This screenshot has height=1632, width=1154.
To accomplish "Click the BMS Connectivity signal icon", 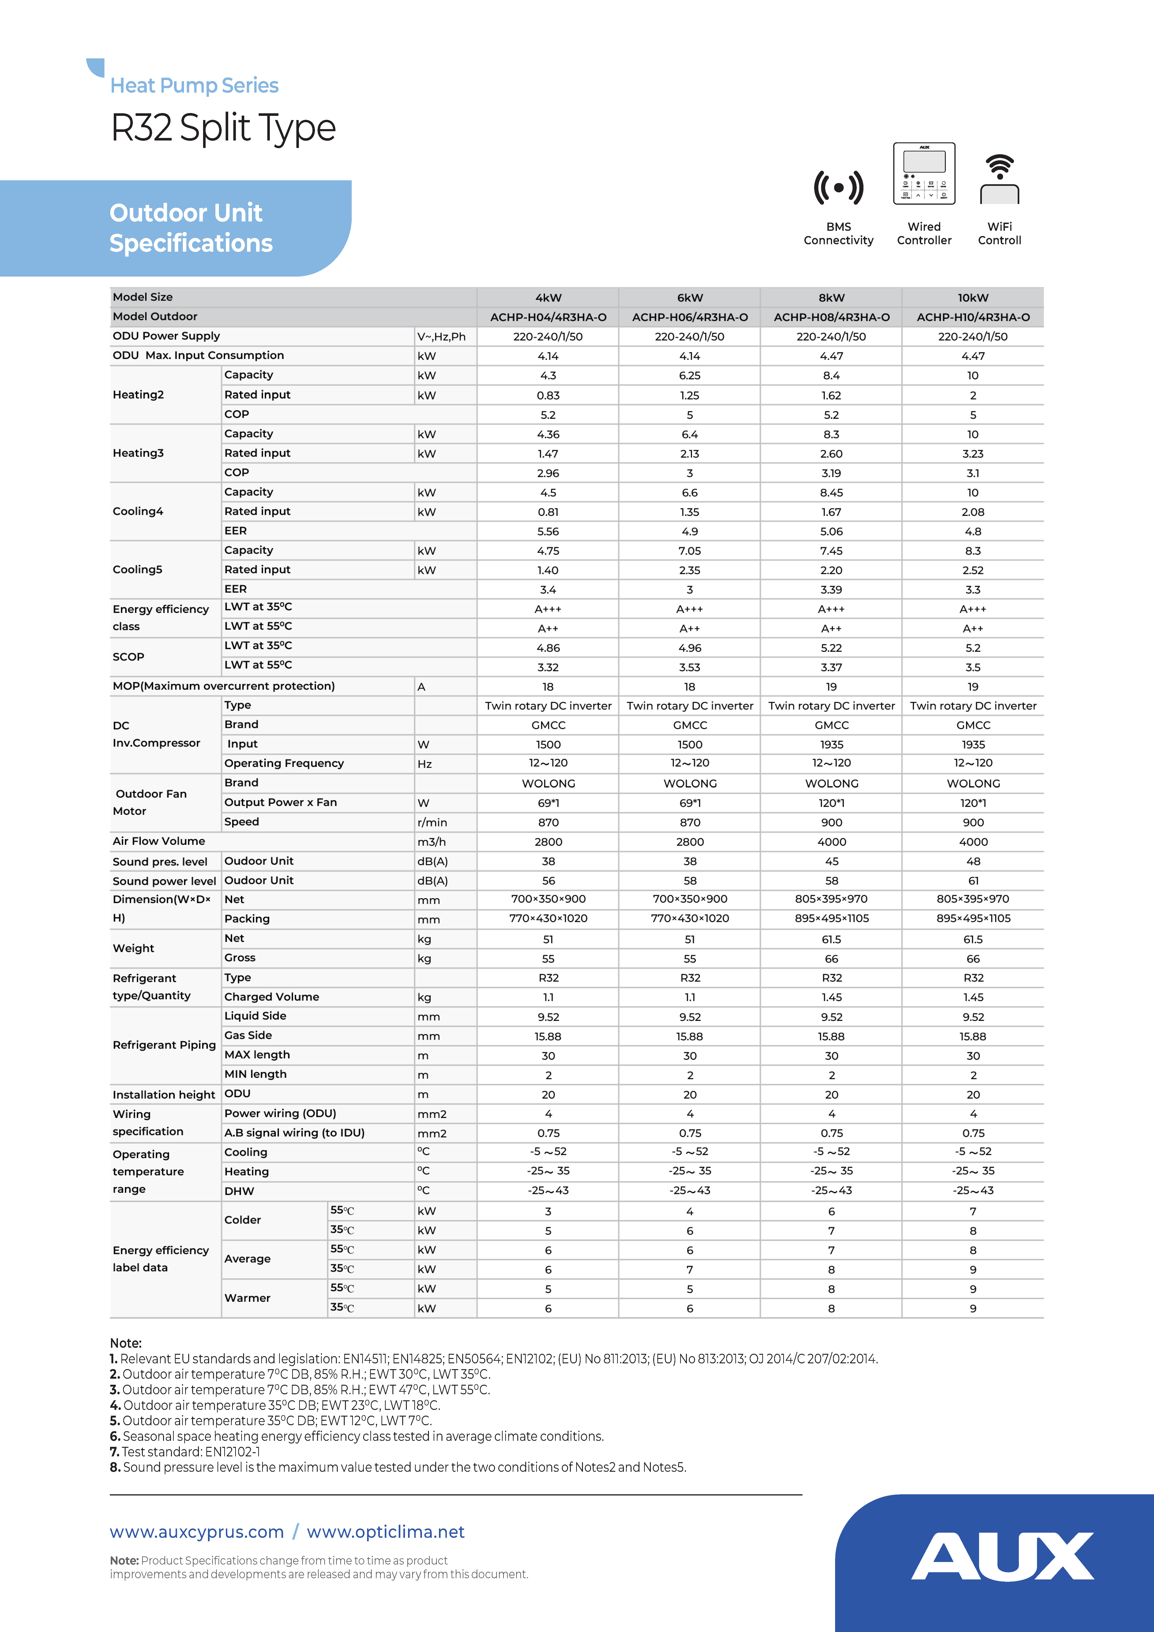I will coord(838,188).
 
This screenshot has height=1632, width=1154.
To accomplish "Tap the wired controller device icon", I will coord(924,174).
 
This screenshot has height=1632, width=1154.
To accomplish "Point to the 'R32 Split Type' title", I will coord(223,128).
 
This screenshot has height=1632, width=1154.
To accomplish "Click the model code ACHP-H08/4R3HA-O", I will coord(831,317).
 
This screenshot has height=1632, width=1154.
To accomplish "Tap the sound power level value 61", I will coord(973,881).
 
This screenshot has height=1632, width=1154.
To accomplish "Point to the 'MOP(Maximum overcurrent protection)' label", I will coord(223,686).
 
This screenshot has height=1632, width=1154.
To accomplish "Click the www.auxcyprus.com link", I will coord(196,1532).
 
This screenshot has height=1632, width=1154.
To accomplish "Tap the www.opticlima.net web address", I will coord(385,1532).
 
